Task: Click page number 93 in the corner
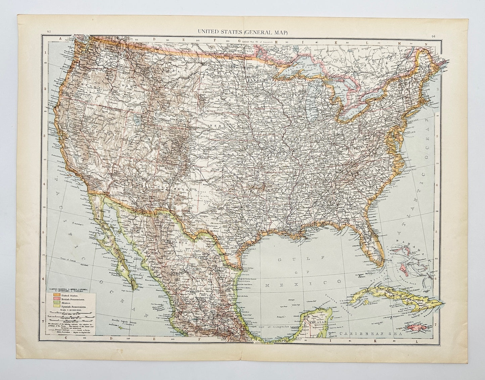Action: click(x=49, y=32)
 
